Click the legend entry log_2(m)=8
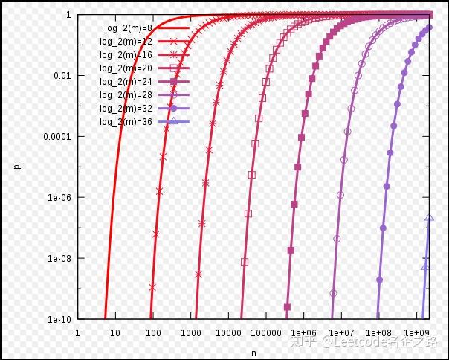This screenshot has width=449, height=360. point(129,28)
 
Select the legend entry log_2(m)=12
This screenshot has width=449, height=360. point(126,42)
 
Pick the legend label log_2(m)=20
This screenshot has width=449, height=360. point(126,68)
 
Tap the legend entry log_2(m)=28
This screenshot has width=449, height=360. point(126,94)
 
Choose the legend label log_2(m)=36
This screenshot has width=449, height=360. point(126,121)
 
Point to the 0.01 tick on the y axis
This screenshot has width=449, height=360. point(62,76)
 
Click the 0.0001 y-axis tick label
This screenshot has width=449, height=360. point(58,137)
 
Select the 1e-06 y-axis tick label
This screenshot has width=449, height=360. point(59,198)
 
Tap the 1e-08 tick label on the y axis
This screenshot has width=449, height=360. point(59,259)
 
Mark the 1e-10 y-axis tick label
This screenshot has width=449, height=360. point(59,320)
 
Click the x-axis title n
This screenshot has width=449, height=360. point(253,353)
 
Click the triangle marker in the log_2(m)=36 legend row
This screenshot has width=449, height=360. point(173,121)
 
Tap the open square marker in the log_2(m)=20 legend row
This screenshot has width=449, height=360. point(173,68)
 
